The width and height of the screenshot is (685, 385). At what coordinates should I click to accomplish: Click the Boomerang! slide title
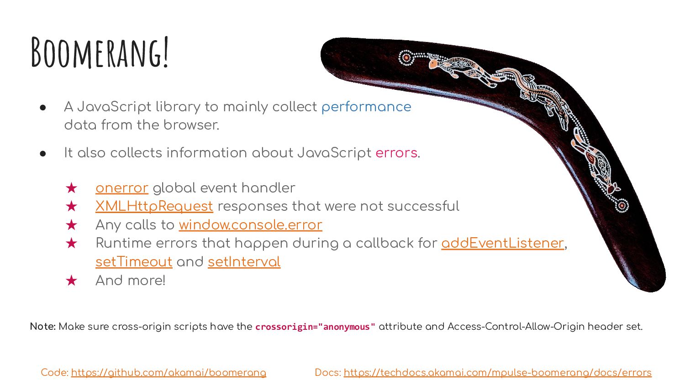tap(100, 52)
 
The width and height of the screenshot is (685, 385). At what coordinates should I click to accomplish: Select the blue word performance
tap(366, 107)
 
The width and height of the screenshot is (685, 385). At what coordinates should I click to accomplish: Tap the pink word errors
tap(396, 153)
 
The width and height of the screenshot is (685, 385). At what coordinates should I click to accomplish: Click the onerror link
tap(122, 188)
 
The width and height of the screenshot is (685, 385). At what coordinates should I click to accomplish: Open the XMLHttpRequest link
tap(154, 206)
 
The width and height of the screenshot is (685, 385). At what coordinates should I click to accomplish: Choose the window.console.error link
tap(250, 225)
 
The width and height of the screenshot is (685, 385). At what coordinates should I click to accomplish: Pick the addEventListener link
tap(503, 243)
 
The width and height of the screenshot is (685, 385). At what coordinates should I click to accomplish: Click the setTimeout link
tap(134, 262)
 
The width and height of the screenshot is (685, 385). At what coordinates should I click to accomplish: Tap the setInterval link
tap(244, 262)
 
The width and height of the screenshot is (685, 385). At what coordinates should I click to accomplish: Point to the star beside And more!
tap(71, 281)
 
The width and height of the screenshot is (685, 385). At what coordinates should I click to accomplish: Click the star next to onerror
tap(71, 188)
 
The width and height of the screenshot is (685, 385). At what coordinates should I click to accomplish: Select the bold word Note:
tap(43, 327)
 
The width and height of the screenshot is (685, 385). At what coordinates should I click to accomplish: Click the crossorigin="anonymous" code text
tap(315, 327)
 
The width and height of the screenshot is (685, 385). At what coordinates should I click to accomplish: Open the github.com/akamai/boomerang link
tap(169, 373)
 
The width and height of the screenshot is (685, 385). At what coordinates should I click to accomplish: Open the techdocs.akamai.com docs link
tap(498, 373)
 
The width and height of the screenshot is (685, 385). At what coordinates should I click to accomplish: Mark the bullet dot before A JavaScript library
tap(43, 108)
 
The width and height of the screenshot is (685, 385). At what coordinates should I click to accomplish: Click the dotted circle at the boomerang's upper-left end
tap(406, 58)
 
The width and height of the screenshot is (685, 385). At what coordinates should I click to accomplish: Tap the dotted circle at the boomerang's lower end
tap(622, 205)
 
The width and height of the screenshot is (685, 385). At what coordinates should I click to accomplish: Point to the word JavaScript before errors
tap(334, 153)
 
